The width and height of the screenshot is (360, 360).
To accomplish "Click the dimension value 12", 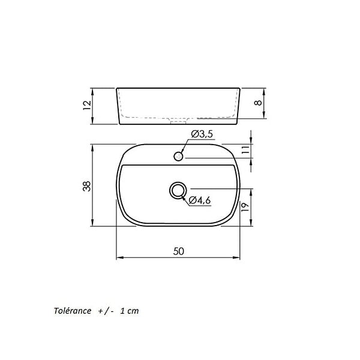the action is tap(87, 105).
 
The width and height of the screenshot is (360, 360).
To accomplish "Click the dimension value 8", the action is tap(258, 103).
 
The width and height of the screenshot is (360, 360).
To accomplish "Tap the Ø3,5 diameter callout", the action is tap(202, 134).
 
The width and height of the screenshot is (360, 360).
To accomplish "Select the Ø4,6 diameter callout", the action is tap(200, 200).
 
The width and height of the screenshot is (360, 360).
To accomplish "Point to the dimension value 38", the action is tap(87, 186).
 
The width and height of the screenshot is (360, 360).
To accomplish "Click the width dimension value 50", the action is tap(179, 251).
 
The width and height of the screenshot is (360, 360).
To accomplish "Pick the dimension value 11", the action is tap(245, 149).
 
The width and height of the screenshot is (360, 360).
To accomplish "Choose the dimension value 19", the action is tap(245, 207).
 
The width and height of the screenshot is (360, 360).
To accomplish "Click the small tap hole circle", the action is tap(178, 157).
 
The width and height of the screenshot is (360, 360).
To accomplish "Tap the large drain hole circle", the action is tap(178, 190).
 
